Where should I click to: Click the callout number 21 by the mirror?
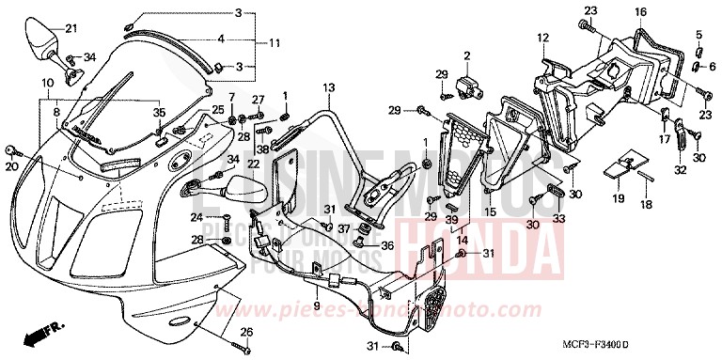coord(69,28)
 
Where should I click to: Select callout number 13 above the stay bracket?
coord(330,87)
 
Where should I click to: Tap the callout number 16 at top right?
coord(640,11)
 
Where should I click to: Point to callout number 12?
coord(542,38)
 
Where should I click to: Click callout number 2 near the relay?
coord(465,56)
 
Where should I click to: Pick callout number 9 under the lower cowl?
coord(317,306)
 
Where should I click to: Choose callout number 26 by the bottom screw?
coord(247,331)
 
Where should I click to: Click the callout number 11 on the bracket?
coord(274,43)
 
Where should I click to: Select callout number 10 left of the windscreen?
coord(46,83)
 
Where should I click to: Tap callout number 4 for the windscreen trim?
coord(220,39)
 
